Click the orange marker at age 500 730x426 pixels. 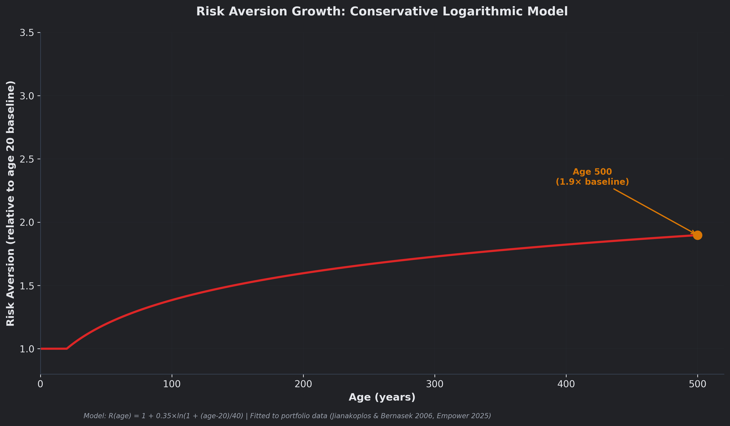[x=697, y=235]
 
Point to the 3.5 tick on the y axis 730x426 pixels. [x=26, y=33]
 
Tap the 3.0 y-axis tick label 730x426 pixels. [x=26, y=96]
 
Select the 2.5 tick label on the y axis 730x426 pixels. [x=26, y=159]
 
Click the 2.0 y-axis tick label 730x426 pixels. [x=26, y=222]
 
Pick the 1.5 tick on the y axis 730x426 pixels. [x=26, y=286]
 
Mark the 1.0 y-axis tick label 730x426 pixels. [x=26, y=349]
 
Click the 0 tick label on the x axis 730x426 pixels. [x=41, y=384]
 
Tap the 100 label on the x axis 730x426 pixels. [x=172, y=384]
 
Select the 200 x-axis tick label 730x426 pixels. [x=303, y=384]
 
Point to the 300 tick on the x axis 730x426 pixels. [x=435, y=384]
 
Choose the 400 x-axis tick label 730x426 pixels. [x=566, y=384]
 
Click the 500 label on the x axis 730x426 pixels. [x=698, y=384]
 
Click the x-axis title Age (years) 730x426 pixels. [x=382, y=397]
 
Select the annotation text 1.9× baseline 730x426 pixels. [x=592, y=182]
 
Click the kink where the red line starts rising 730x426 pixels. [x=67, y=348]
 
